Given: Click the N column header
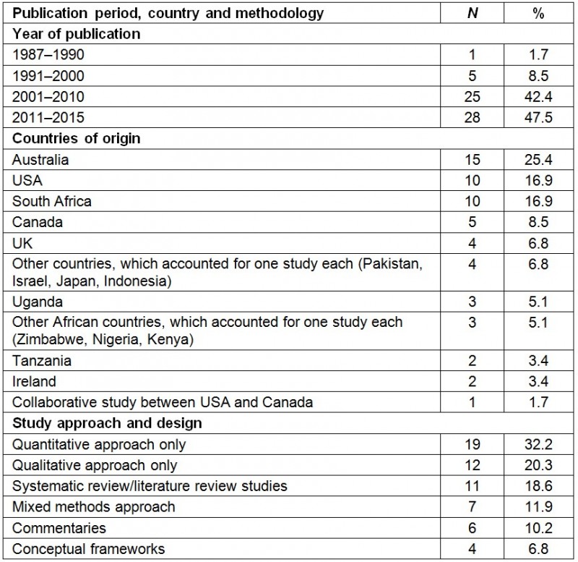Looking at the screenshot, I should point(472,14).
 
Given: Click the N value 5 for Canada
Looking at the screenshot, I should point(472,221).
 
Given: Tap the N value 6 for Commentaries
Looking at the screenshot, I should point(472,528).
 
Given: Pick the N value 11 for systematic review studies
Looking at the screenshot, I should point(472,486).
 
